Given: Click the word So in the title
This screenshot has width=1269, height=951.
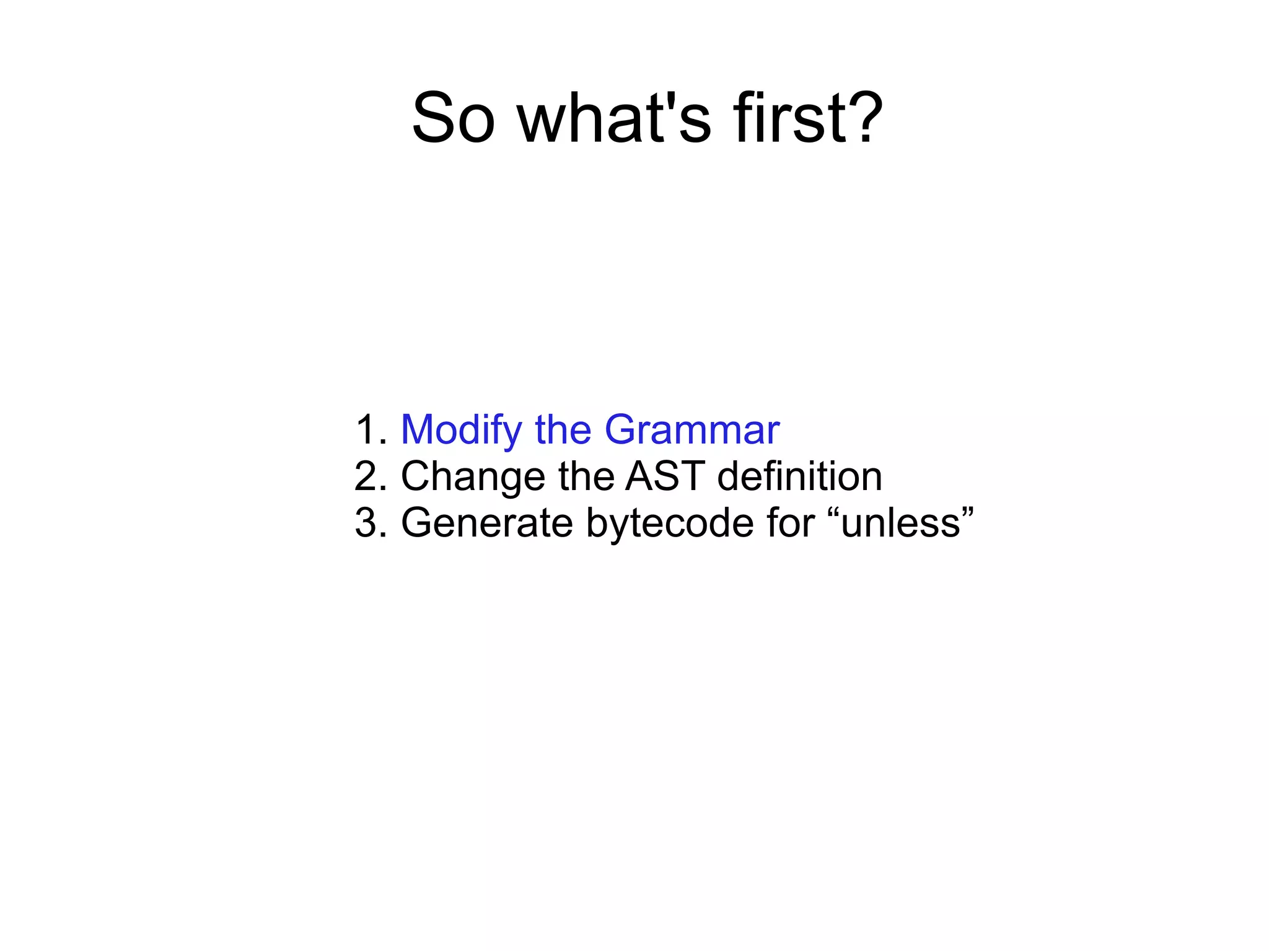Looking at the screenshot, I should pyautogui.click(x=454, y=118).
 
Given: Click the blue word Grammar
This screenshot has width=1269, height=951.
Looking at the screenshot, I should pyautogui.click(x=692, y=430).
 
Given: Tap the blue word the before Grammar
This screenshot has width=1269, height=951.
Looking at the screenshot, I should pyautogui.click(x=563, y=430).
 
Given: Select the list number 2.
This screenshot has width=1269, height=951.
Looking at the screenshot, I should pyautogui.click(x=371, y=476).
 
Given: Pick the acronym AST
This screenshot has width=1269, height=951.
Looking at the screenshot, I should pyautogui.click(x=665, y=476).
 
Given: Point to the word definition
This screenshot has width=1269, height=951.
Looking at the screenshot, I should pyautogui.click(x=799, y=476).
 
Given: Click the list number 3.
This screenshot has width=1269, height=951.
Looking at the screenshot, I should pyautogui.click(x=371, y=523).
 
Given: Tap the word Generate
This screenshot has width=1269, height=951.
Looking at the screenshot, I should pyautogui.click(x=487, y=523).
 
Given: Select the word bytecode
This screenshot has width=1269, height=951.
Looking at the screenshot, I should pyautogui.click(x=669, y=523).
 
